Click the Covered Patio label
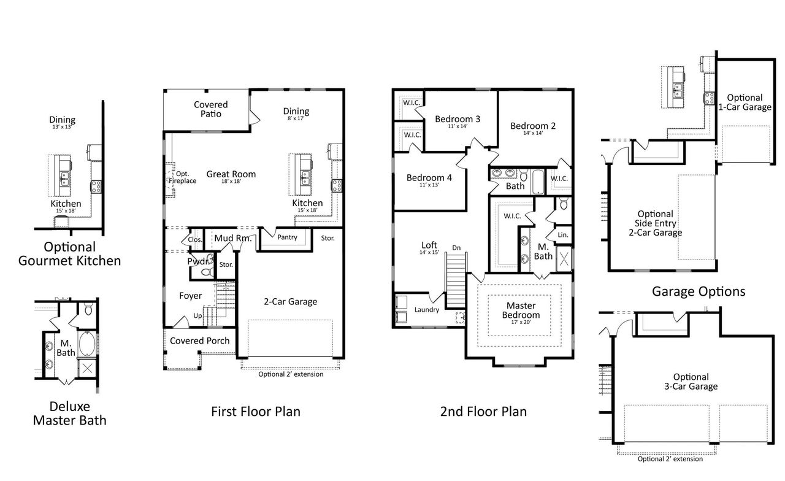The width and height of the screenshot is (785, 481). pos(210,109)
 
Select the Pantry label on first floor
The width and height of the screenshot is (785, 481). pos(287,237)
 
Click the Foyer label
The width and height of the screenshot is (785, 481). pos(190,296)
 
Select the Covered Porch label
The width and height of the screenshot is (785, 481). pos(199,341)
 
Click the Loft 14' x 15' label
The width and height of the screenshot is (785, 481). pos(429,247)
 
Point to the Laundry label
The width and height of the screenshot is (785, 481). pos(426,310)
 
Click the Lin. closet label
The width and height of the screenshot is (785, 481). pos(562,234)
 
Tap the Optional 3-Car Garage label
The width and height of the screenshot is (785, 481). pos(691,382)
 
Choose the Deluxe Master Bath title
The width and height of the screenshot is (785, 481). pos(69,413)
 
